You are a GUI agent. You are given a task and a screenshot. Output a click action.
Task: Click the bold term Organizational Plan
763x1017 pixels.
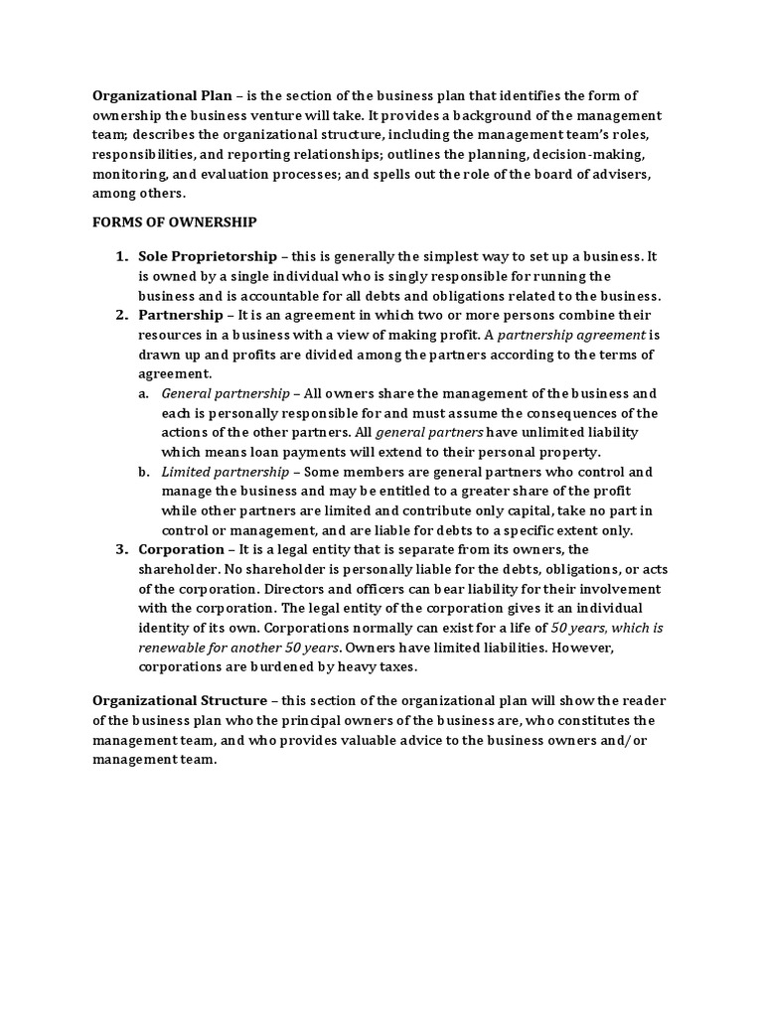[162, 95]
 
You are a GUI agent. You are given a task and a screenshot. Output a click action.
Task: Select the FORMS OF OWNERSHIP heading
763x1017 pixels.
[174, 221]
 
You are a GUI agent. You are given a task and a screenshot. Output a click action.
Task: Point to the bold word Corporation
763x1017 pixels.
[181, 549]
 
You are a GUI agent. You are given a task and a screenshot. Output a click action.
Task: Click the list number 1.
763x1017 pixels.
[121, 256]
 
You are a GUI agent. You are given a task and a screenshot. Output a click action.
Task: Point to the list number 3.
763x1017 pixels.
[121, 549]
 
